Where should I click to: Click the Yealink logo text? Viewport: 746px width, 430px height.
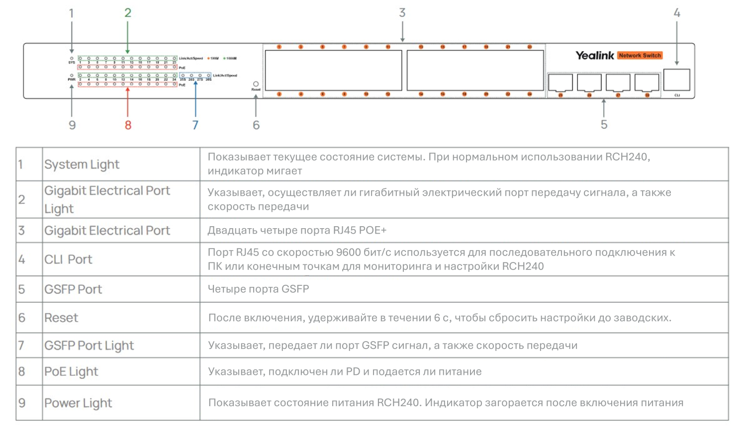[594, 56]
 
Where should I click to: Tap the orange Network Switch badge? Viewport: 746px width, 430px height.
[640, 56]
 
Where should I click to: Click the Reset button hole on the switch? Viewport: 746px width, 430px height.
[256, 84]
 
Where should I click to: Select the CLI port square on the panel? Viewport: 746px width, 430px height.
[676, 80]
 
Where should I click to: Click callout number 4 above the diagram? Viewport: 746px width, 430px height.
[677, 13]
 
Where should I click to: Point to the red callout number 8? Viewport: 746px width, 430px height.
[128, 125]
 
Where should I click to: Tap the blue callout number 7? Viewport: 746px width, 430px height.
[195, 125]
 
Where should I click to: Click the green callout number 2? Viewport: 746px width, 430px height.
[128, 13]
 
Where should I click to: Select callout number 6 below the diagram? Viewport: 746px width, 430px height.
[256, 125]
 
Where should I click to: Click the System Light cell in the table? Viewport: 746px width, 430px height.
[82, 165]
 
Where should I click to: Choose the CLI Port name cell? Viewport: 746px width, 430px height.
[68, 259]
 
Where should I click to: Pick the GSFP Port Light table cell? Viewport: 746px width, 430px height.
[89, 345]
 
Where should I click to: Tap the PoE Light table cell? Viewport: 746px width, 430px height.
[71, 372]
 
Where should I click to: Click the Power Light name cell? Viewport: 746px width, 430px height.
[78, 403]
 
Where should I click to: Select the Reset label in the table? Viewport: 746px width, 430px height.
[61, 318]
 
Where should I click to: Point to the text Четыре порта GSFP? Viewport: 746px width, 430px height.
[258, 289]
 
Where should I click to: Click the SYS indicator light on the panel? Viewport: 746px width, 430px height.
[72, 58]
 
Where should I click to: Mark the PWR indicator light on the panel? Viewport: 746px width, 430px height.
[72, 76]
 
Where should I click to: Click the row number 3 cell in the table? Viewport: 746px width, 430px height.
[22, 231]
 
